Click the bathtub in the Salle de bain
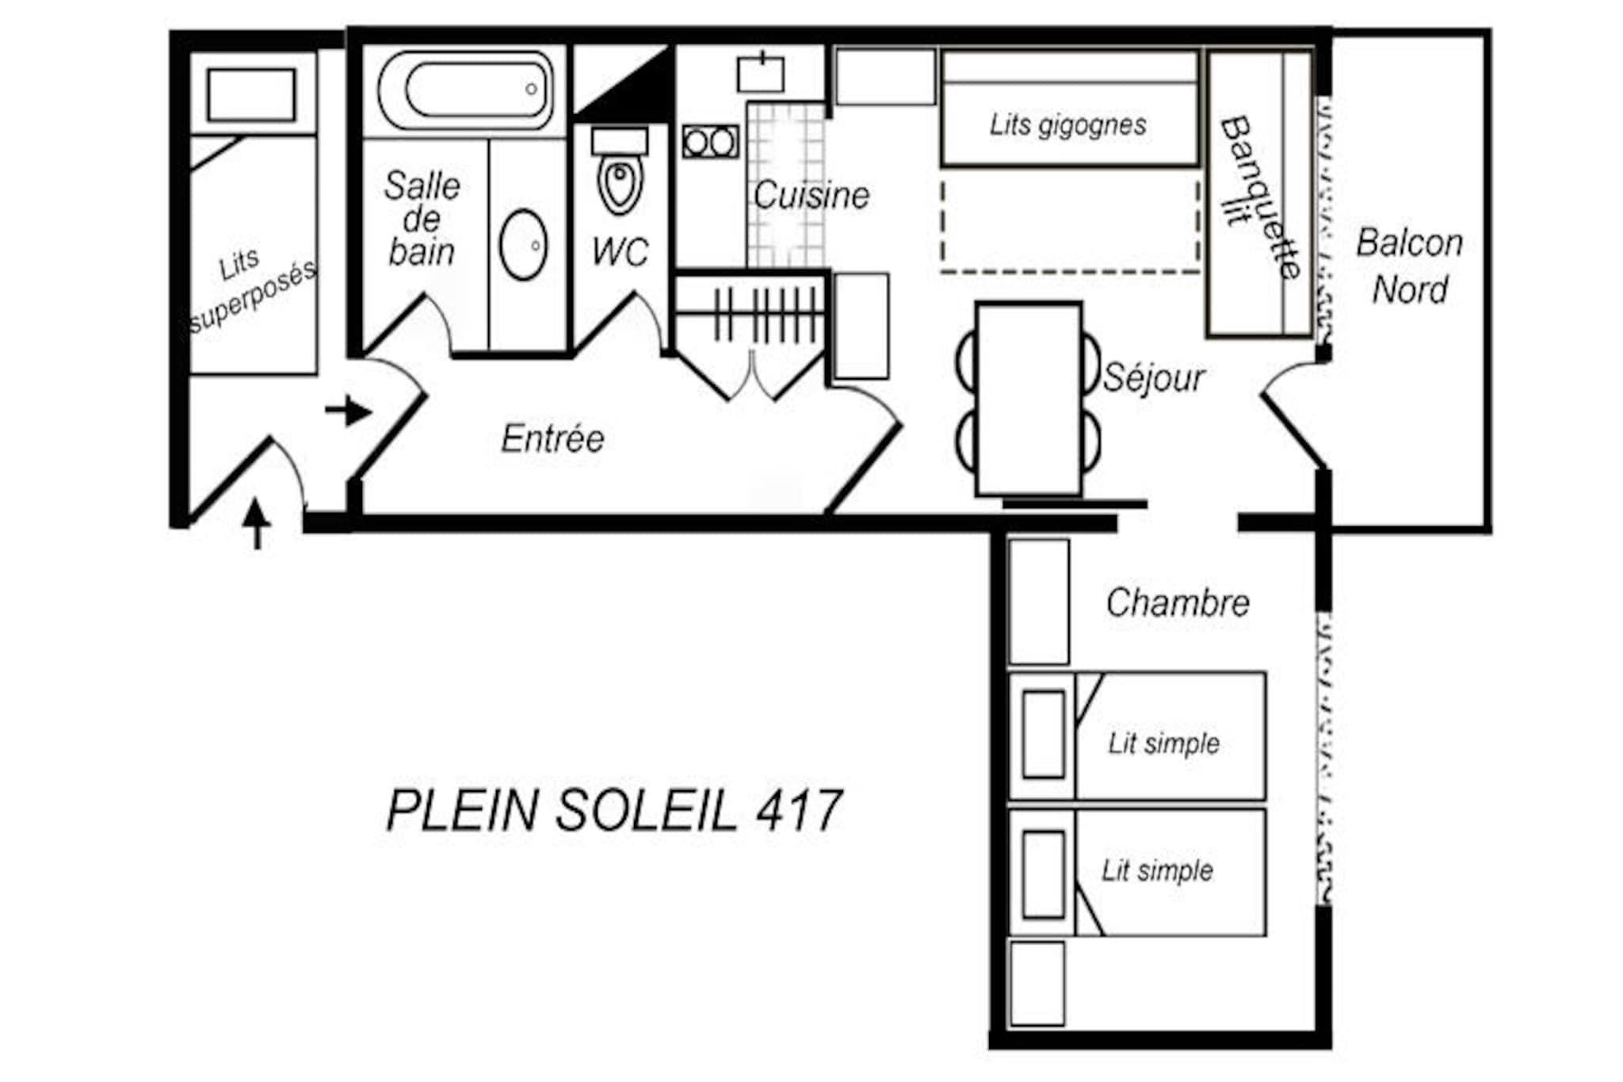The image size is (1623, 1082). pos(465,90)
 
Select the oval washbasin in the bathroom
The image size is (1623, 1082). pos(523,245)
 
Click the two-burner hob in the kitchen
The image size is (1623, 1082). pos(710,142)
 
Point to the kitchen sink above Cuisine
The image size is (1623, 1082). pos(761,73)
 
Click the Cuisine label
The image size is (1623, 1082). pos(811,196)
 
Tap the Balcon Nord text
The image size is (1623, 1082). pos(1410,266)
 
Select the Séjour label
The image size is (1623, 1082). pos(1154,377)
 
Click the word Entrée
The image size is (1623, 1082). pos(552,438)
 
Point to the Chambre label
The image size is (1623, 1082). pos(1178,602)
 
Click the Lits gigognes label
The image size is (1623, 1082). pos(1067,124)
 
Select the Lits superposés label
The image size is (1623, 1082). pos(252,289)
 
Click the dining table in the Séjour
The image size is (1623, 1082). pos(1029,399)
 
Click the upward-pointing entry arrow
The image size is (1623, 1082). pos(256,523)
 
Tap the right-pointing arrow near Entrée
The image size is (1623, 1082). pos(348,411)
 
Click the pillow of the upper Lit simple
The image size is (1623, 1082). pos(1043,734)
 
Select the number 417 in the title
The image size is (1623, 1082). pos(799,811)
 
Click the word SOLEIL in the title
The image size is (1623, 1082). pos(647,811)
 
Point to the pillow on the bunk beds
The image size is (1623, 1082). pos(252,95)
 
